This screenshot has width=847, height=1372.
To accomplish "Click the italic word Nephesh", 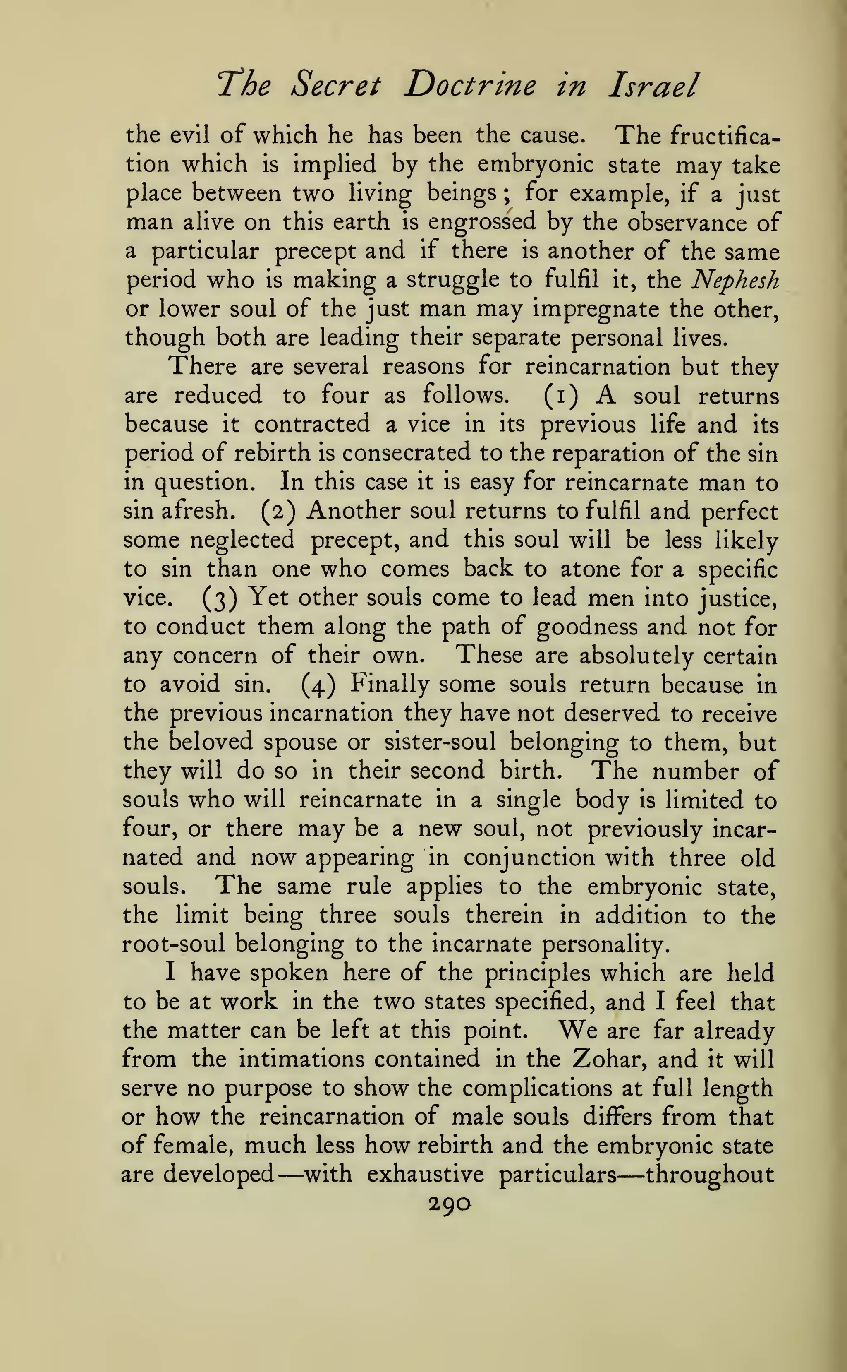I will coord(735,280).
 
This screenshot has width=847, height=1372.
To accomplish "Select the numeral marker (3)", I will coord(220,598).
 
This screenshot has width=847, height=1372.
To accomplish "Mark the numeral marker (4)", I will coord(318,685).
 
